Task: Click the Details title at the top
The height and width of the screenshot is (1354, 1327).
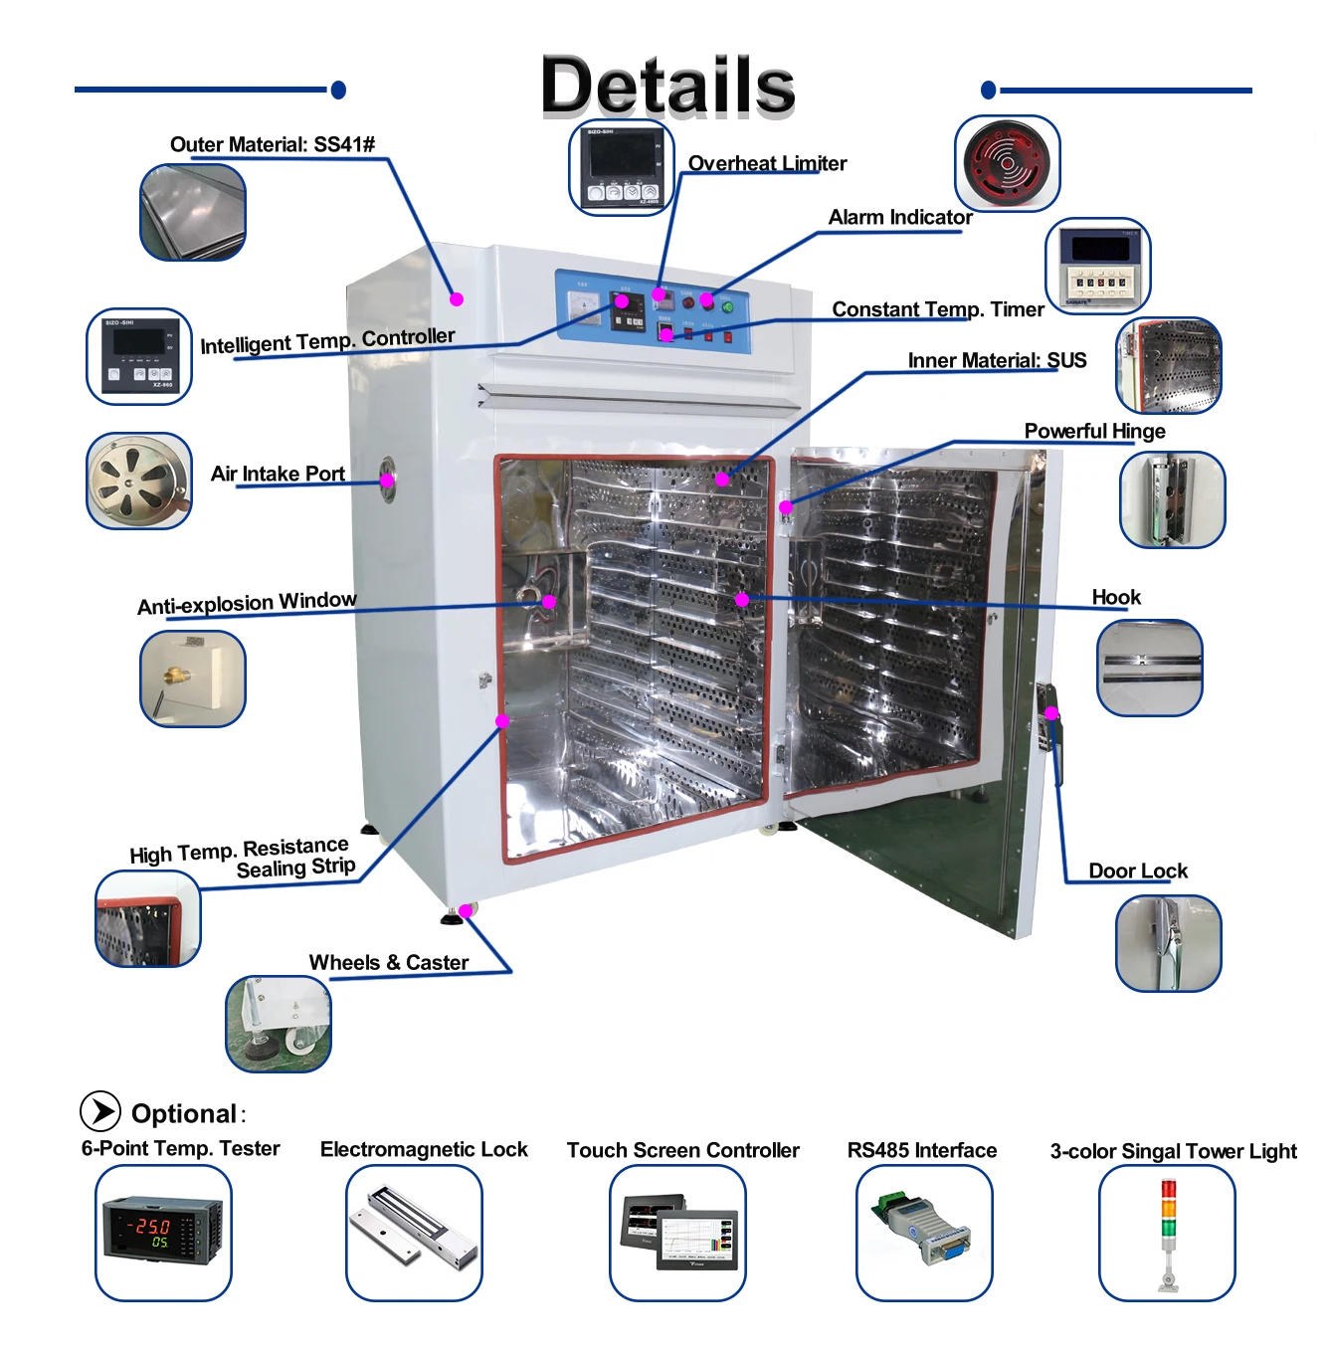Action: [667, 86]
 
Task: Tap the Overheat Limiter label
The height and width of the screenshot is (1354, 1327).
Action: [767, 163]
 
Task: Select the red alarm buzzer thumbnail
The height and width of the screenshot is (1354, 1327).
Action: [1007, 163]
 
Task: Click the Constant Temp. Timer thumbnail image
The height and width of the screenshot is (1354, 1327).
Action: [1098, 266]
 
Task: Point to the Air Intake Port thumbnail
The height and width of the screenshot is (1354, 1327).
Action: [139, 481]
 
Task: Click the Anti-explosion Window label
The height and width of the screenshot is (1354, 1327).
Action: [247, 603]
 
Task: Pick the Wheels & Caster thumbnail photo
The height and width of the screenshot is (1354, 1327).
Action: [279, 1024]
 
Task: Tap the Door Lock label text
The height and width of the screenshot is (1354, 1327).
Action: [1138, 870]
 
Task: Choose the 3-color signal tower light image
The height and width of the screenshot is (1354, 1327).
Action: [1167, 1233]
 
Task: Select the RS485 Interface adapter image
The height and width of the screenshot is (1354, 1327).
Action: [924, 1233]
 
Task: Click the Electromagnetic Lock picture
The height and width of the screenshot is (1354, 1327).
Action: [414, 1233]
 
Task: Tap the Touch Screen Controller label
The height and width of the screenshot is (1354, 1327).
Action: [682, 1150]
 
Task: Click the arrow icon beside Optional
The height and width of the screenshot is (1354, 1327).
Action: [100, 1111]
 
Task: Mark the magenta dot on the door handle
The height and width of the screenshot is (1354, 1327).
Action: [1051, 713]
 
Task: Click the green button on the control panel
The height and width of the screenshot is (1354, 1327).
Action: [727, 307]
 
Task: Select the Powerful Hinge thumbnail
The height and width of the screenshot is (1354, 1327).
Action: [1172, 499]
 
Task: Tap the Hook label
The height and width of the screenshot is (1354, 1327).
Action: [1116, 597]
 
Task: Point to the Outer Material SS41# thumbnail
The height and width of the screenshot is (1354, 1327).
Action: [193, 213]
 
